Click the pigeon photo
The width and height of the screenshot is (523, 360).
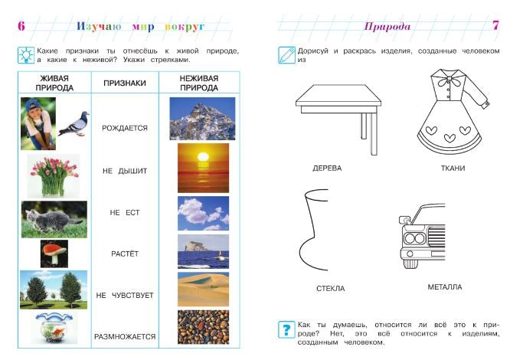tap(74, 123)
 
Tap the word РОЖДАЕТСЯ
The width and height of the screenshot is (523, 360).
tap(125, 128)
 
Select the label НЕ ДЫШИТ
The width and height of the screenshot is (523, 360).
tap(125, 171)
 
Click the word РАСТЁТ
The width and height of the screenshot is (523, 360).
tap(125, 254)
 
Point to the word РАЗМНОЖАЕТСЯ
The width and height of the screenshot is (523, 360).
tap(125, 337)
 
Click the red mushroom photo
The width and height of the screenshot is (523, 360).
tap(54, 254)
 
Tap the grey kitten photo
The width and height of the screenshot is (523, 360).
tap(54, 219)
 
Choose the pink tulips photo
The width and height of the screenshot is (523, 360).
tap(54, 175)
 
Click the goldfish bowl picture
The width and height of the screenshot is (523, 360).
tap(54, 327)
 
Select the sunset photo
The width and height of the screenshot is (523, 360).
tap(203, 169)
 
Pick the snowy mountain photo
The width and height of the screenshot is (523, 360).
tap(202, 119)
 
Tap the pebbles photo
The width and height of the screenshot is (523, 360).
tap(203, 327)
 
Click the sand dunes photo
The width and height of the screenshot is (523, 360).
tap(203, 290)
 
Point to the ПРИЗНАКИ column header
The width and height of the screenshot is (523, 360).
tap(125, 83)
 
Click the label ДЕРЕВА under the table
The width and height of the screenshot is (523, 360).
tap(327, 169)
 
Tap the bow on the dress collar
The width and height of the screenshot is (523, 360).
tap(448, 80)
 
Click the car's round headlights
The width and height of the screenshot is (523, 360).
tap(414, 239)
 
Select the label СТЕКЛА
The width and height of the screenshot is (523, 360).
tap(331, 289)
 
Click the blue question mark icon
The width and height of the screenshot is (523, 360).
tap(286, 329)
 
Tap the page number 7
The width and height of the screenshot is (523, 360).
tap(495, 25)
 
